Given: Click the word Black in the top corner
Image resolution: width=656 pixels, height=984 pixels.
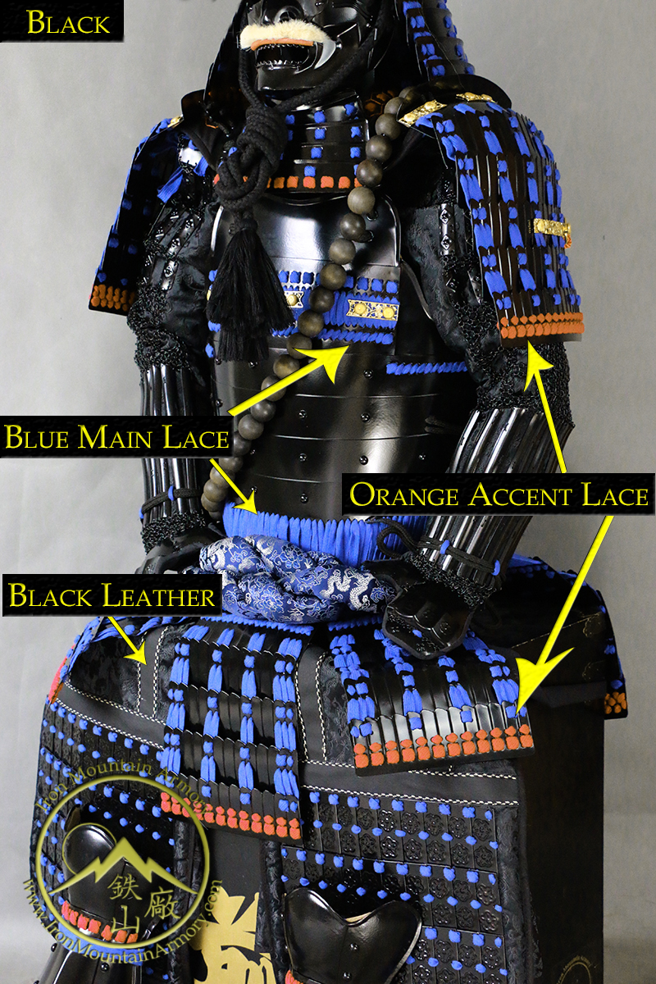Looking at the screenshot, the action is (x=68, y=23).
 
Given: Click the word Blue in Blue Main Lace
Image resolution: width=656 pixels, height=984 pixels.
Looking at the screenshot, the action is (x=37, y=437).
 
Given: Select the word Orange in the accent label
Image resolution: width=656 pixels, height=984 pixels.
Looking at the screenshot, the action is (x=403, y=495).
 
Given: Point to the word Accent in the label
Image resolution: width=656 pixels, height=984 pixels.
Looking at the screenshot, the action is (x=521, y=495).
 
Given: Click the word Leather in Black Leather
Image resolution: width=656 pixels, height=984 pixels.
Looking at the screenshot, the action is (x=158, y=595).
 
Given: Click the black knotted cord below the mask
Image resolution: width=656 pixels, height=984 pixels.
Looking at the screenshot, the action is (x=236, y=145).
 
